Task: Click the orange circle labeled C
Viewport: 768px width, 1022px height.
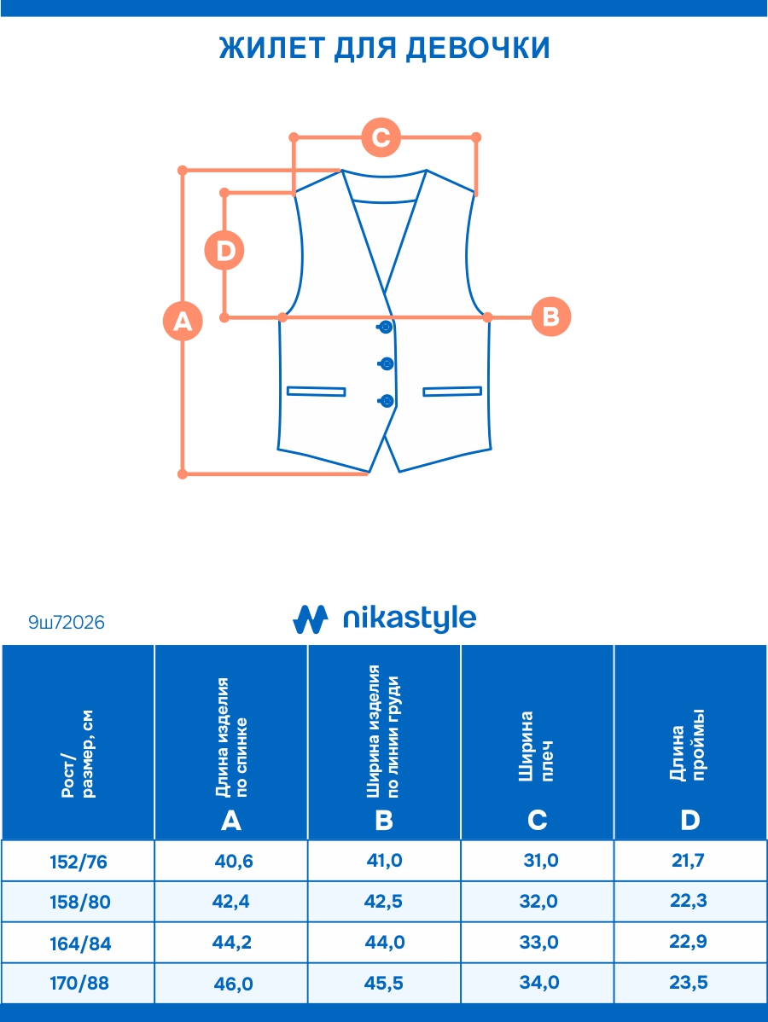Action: click(x=381, y=137)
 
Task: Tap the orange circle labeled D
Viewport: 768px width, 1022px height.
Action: click(x=225, y=251)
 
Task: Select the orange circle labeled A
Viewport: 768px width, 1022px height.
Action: click(x=183, y=321)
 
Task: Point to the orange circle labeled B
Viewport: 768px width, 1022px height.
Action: click(x=550, y=316)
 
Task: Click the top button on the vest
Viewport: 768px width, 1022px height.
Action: click(x=386, y=327)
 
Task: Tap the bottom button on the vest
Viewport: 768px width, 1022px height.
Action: click(x=387, y=399)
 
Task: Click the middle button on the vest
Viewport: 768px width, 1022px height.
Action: click(x=386, y=363)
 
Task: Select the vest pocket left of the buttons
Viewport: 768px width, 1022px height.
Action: click(x=316, y=392)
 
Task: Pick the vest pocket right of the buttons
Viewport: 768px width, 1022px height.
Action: click(x=452, y=392)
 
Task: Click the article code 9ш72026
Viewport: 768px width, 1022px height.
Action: click(x=67, y=624)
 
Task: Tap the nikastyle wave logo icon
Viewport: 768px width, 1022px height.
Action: click(x=311, y=619)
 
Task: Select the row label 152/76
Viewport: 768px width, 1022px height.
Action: click(x=79, y=862)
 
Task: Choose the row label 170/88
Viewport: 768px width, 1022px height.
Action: click(x=79, y=984)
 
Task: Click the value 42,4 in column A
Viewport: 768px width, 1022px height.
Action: click(x=234, y=902)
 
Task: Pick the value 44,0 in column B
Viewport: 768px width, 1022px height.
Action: click(x=385, y=943)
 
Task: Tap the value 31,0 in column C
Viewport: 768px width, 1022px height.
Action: click(x=540, y=861)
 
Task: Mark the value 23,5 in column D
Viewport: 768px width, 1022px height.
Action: click(x=689, y=983)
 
